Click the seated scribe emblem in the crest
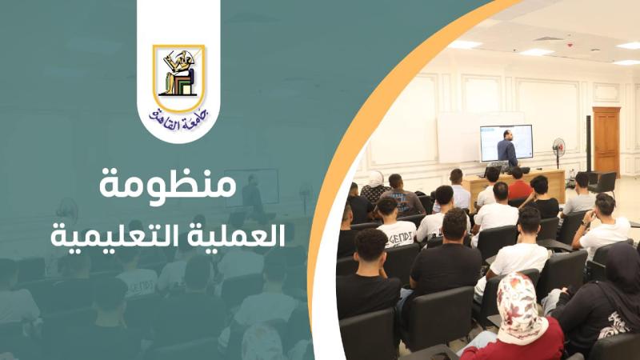click(178, 73)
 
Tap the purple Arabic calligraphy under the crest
click(178, 119)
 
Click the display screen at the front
click(506, 143)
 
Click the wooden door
click(606, 141)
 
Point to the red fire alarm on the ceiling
click(570, 45)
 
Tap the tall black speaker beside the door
click(589, 144)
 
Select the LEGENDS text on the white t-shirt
click(397, 234)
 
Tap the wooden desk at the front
click(515, 186)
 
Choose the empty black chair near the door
click(603, 184)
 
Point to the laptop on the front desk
click(493, 171)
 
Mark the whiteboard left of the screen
click(458, 138)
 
